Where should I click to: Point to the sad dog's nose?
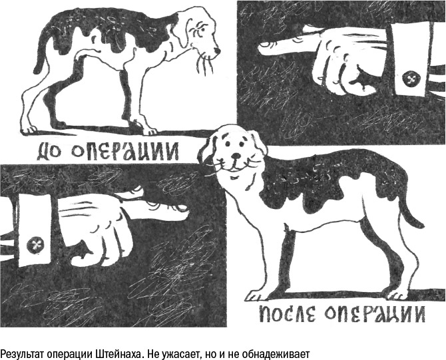click(216, 52)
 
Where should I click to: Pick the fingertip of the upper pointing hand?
click(261, 46)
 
